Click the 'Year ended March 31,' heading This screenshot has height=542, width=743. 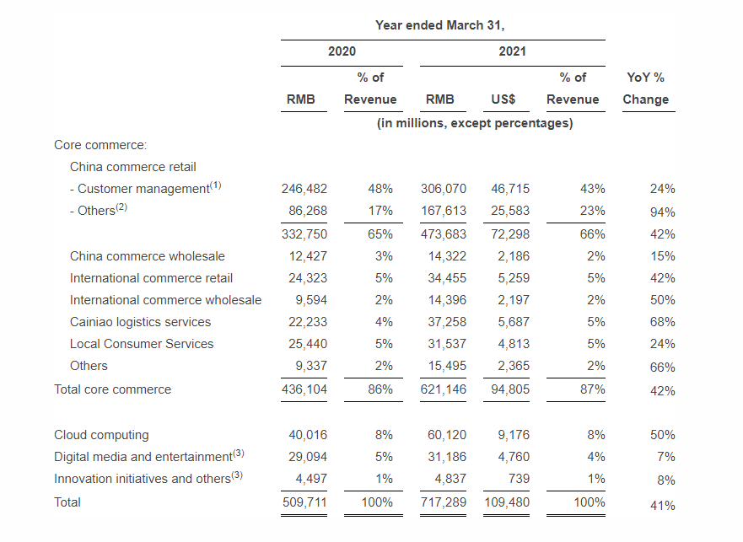(439, 25)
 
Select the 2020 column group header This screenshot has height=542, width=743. (342, 51)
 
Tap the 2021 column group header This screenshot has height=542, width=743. (512, 51)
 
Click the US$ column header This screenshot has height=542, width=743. (503, 99)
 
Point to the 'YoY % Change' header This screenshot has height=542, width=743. (645, 89)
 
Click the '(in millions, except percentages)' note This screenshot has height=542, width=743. (475, 123)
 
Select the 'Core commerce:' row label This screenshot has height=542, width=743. (100, 145)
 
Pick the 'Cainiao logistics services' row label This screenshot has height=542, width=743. (140, 322)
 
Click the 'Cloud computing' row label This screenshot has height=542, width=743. (101, 435)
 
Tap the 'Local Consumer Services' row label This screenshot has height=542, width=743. (142, 344)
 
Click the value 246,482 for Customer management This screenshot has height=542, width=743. (304, 189)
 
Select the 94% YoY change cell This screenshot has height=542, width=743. (662, 212)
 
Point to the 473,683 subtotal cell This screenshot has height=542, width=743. (444, 234)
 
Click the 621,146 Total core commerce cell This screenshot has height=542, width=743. (444, 389)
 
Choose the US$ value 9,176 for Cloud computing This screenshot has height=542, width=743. (514, 435)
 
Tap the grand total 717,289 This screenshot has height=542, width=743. (444, 502)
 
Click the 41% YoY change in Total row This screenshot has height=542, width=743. (662, 506)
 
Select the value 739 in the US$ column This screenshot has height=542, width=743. (519, 479)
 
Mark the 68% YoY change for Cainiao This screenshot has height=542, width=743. (662, 322)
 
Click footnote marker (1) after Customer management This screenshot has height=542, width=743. (216, 185)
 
